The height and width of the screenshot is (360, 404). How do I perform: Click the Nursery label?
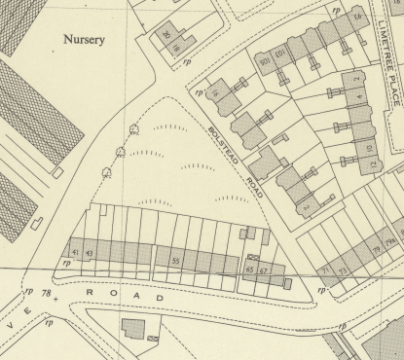click(x=83, y=40)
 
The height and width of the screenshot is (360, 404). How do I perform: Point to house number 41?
click(x=77, y=253)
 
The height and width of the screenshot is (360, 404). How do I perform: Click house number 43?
click(x=91, y=254)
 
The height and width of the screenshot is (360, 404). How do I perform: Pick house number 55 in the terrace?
click(x=176, y=261)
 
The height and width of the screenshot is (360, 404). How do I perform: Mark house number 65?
click(x=250, y=269)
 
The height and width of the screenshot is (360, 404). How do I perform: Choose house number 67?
click(x=264, y=269)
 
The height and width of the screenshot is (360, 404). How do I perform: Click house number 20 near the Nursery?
click(x=166, y=35)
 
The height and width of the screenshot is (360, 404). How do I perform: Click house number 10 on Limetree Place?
click(x=371, y=147)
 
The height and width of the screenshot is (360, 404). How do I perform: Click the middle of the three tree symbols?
click(x=120, y=151)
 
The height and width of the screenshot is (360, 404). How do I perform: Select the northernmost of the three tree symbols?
click(x=131, y=129)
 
